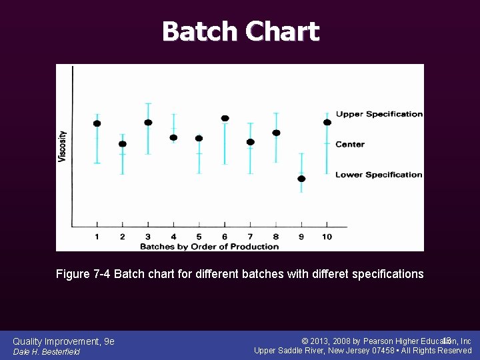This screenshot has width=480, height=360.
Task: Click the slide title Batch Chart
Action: (x=240, y=31)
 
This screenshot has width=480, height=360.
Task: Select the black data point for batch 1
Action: (x=97, y=123)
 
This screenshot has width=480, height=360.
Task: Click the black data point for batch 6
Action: (x=225, y=119)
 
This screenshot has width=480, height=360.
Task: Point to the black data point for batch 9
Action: (x=301, y=179)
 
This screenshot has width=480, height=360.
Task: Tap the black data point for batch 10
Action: (x=327, y=122)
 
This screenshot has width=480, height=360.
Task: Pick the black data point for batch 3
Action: (x=148, y=123)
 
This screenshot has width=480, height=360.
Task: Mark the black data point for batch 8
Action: (x=276, y=133)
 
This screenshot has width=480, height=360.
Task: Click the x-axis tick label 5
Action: (x=199, y=237)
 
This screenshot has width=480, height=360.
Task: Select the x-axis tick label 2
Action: (x=122, y=237)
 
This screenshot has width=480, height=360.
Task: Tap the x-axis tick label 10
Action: (x=327, y=237)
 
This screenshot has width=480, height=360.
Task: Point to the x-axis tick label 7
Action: (x=250, y=237)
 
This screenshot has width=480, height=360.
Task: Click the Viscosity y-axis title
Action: (x=63, y=146)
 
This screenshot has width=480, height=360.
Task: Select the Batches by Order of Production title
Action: (x=209, y=246)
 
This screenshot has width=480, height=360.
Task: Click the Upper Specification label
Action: (x=379, y=114)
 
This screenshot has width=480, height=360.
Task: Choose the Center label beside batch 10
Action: (x=350, y=144)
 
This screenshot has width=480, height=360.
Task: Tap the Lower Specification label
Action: (x=379, y=175)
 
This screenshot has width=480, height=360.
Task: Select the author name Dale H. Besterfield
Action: (x=46, y=351)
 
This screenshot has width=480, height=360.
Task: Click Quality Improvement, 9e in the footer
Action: (x=63, y=341)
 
